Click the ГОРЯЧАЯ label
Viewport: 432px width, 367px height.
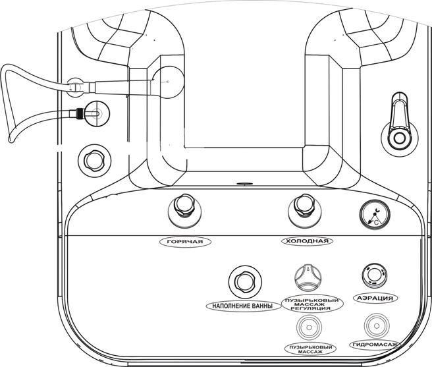pyautogui.click(x=185, y=242)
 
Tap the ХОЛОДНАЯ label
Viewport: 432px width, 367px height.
pyautogui.click(x=307, y=241)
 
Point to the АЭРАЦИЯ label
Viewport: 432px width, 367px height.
pyautogui.click(x=375, y=298)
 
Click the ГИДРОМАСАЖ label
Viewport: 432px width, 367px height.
pyautogui.click(x=375, y=345)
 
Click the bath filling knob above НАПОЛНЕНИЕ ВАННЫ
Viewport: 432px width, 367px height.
pyautogui.click(x=245, y=281)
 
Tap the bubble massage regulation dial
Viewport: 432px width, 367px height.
pyautogui.click(x=308, y=277)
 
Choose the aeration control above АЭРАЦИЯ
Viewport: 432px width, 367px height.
pyautogui.click(x=374, y=275)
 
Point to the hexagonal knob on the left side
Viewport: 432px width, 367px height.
pyautogui.click(x=94, y=161)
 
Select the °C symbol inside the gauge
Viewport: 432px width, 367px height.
pyautogui.click(x=376, y=222)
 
